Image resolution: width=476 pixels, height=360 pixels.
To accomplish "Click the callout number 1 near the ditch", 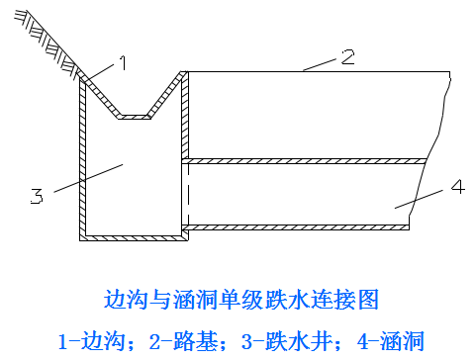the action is pos(123,62).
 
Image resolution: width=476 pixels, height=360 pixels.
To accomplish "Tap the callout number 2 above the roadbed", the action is pos(347,56).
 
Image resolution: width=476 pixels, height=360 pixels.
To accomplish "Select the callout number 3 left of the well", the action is pos(37,196).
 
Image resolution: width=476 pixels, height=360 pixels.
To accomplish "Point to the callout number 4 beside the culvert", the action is pos(458,187).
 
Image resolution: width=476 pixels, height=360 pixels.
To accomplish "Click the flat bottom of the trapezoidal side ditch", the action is pos(135,117).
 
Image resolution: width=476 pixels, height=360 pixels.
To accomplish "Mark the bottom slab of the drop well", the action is pos(134,238).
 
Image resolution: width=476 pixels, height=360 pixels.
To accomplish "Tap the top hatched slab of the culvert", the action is pos(304,161).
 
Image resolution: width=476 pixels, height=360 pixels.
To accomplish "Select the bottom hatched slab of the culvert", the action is pos(296,227).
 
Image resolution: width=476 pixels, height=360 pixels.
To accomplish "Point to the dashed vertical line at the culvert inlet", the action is pos(188,195).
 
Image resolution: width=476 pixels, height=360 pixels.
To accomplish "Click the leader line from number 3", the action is pos(88,178).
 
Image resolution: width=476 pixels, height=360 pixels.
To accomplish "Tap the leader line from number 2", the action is pos(320,64).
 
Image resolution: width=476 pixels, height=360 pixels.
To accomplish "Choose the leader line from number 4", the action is pos(419,199).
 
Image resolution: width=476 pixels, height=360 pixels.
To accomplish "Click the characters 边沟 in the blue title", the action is pos(126,300).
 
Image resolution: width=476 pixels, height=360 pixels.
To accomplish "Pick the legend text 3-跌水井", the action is pos(287,341).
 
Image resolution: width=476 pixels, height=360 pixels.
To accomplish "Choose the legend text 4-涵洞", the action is pos(391,341).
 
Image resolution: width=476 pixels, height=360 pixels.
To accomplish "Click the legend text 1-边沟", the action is pos(92,341).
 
